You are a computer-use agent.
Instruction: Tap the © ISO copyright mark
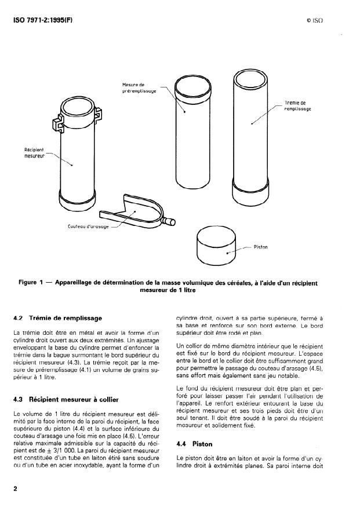click(x=314, y=20)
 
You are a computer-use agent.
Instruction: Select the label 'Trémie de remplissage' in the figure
click(x=299, y=105)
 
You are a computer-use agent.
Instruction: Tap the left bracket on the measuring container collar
click(x=59, y=123)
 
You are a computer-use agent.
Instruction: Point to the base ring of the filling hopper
click(x=251, y=191)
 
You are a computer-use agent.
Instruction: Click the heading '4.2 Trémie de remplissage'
click(x=57, y=318)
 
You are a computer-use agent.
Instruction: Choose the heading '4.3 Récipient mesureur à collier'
click(x=68, y=399)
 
